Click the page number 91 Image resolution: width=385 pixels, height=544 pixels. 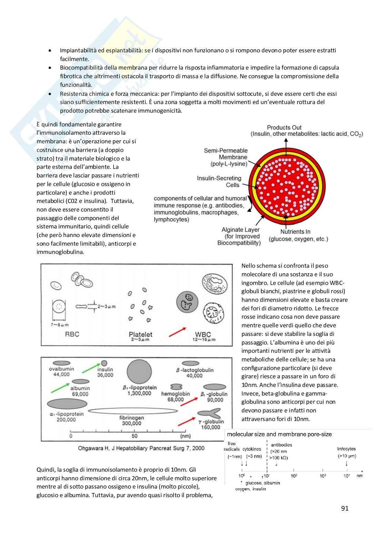coord(345,509)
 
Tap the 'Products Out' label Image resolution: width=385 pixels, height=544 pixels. coord(284,127)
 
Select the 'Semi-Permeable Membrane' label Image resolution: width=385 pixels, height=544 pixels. coord(226,157)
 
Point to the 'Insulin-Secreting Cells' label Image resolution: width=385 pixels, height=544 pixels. coord(219,182)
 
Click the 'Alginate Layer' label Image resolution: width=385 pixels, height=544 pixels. coord(240,230)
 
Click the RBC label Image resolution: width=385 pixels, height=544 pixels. coord(72,334)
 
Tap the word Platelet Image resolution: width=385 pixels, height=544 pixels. coord(140,334)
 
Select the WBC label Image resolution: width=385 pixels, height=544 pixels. coord(203,335)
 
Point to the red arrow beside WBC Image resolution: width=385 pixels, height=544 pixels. coord(178,332)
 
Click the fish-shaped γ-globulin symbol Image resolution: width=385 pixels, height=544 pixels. coord(209,413)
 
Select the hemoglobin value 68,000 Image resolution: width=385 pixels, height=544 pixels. coord(176,400)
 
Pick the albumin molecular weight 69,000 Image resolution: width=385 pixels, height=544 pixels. coord(80,394)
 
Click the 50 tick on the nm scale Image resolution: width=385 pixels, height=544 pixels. coord(135,436)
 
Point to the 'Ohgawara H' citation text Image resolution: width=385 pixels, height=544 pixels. coord(141,448)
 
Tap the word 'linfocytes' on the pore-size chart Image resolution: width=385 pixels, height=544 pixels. coord(346,449)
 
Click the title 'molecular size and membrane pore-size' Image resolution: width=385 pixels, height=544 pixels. coord(279,434)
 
